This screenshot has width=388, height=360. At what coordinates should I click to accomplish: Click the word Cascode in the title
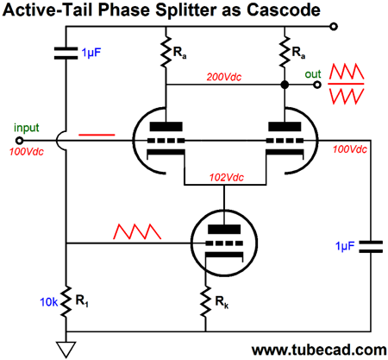(x=284, y=9)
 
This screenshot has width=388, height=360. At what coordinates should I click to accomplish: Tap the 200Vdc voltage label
(x=224, y=77)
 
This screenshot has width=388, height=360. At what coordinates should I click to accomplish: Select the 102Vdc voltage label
(x=227, y=177)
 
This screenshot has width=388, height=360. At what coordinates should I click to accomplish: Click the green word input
(x=26, y=128)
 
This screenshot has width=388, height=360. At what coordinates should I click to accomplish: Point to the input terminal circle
(x=19, y=141)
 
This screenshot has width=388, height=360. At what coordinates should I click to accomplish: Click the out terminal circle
(x=316, y=85)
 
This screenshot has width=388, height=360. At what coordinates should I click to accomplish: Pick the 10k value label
(x=49, y=302)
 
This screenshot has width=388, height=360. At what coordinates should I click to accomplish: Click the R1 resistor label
(x=82, y=301)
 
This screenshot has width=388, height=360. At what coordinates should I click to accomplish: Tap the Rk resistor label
(x=222, y=302)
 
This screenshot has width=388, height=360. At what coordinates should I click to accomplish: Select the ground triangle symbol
(x=66, y=349)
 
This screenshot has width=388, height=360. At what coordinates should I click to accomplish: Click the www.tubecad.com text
(x=319, y=350)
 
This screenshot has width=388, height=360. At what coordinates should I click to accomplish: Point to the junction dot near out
(x=285, y=85)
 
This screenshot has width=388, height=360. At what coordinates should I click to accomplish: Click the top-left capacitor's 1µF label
(x=91, y=53)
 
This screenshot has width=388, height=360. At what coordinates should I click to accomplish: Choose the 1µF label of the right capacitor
(x=345, y=246)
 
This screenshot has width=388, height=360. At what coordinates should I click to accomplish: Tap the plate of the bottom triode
(x=224, y=229)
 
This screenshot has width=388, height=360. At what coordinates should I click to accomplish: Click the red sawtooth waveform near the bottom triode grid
(x=137, y=231)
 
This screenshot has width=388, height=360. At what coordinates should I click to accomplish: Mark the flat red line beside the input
(x=97, y=135)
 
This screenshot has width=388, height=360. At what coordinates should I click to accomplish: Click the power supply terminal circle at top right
(x=334, y=27)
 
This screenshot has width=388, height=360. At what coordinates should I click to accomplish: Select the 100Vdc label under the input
(x=27, y=152)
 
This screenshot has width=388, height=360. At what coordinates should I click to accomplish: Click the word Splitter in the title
(x=185, y=10)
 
